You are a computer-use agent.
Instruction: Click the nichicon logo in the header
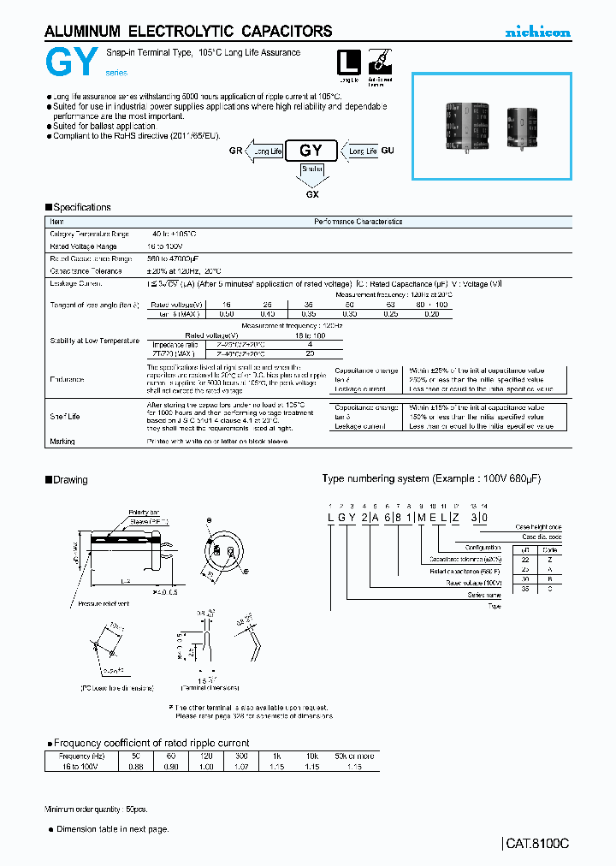pos(537,33)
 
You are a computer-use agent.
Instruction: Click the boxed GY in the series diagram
pos(311,151)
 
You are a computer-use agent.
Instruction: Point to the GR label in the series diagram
pos(235,151)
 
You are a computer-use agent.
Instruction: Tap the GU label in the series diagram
pos(388,151)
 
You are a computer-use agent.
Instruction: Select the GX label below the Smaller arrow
pos(311,193)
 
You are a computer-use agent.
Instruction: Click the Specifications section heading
pos(81,207)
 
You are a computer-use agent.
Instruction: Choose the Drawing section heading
pos(70,479)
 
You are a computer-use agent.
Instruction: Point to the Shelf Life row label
pos(64,416)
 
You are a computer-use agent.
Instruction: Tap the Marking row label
pos(62,442)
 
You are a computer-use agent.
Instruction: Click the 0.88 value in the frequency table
pos(134,767)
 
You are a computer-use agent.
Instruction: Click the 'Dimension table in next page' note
pos(112,828)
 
